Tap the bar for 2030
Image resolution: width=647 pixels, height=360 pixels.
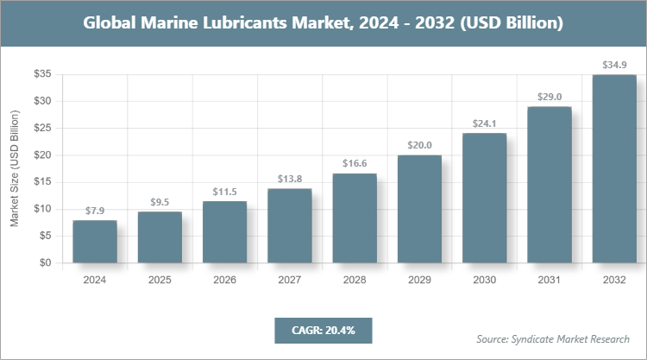pos(484,199)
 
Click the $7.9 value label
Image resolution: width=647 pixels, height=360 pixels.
pos(95,211)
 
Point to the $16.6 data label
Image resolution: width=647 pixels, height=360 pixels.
pos(355,163)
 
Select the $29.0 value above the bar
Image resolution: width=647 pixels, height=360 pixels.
pos(550,97)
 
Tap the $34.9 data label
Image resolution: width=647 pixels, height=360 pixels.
pos(614,65)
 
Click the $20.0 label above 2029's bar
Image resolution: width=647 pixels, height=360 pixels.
pos(419,145)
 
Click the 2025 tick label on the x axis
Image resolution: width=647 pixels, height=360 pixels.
pos(160,281)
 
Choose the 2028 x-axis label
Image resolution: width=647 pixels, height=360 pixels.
pos(355,281)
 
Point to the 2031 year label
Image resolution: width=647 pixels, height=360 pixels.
pos(550,281)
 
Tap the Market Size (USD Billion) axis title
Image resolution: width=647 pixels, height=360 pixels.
pos(15,169)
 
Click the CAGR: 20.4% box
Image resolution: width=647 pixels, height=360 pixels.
pos(323,330)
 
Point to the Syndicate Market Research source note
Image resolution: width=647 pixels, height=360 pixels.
pos(553,338)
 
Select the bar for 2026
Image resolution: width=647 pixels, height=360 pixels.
pos(224,232)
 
